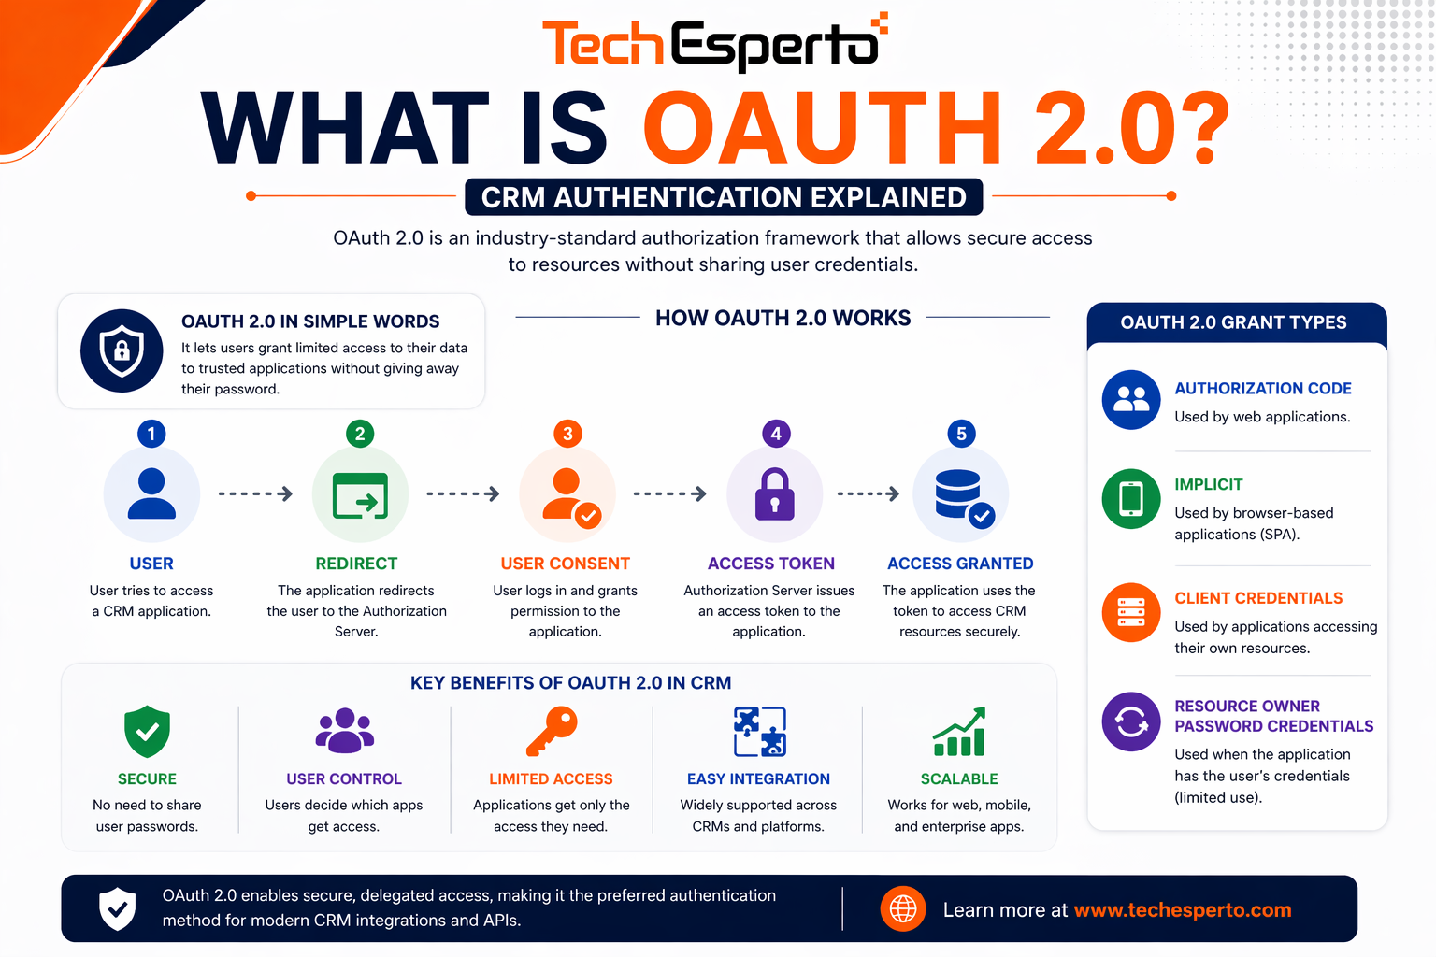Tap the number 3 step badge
pos(567,434)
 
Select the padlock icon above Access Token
pos(774,494)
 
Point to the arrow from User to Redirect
pos(255,493)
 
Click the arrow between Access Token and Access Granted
pos(868,493)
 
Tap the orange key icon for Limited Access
pos(552,731)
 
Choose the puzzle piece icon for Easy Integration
pos(759,731)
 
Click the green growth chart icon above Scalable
pos(959,732)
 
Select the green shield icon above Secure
pos(147,731)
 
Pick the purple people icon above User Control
pos(344,731)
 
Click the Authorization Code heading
pos(1262,388)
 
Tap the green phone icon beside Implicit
pos(1131,498)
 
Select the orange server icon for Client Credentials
pos(1131,612)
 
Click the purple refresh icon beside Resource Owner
pos(1131,721)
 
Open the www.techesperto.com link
pos(1182,910)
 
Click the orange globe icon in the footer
pos(903,908)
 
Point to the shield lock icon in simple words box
pos(122,350)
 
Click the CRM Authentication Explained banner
pos(724,197)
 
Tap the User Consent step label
pos(565,564)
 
